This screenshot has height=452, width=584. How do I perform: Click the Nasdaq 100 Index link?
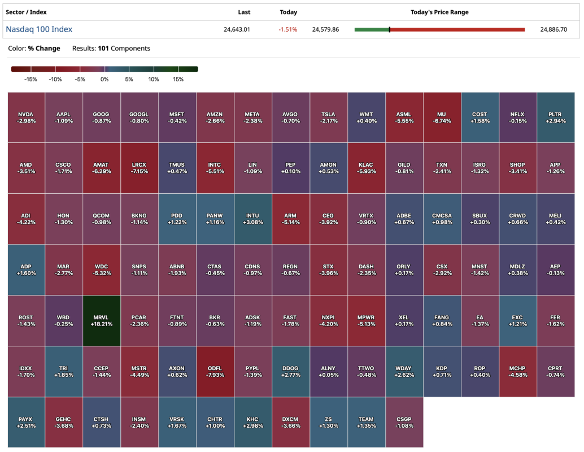(39, 29)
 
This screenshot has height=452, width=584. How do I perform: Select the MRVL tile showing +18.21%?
(101, 321)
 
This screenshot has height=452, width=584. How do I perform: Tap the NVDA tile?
(25, 118)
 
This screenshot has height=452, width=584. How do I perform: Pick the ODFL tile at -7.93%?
(215, 372)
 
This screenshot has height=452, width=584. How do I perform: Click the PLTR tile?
(555, 118)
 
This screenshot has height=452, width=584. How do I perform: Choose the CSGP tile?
(404, 423)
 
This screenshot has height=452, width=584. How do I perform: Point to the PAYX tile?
(25, 423)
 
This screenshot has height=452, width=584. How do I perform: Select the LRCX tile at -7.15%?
(139, 168)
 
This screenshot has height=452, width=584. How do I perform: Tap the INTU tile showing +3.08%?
(252, 219)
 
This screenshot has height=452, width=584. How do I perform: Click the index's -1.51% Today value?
(288, 29)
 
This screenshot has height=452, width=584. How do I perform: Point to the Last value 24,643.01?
(237, 29)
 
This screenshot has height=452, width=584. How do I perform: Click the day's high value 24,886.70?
(554, 29)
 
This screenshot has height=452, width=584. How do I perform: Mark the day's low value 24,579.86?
(325, 29)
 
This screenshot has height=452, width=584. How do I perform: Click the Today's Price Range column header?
(439, 12)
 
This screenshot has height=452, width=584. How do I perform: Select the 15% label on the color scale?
(178, 80)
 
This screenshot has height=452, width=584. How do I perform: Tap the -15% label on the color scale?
(30, 80)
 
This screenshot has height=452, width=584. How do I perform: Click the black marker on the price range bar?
(390, 29)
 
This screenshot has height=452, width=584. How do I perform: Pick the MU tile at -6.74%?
(442, 118)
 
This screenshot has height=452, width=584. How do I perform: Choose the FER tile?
(555, 321)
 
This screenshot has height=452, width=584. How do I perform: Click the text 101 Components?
(124, 49)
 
